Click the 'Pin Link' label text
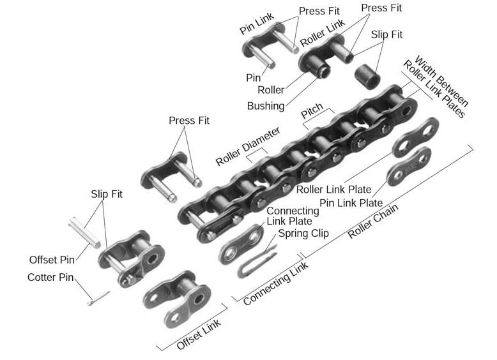tap(256, 22)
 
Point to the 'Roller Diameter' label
tap(247, 146)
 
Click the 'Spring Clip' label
tap(303, 234)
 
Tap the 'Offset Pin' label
tap(52, 260)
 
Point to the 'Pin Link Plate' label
tap(351, 203)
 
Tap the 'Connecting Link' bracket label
tap(275, 283)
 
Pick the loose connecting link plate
tap(241, 244)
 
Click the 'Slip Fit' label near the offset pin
tap(106, 193)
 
